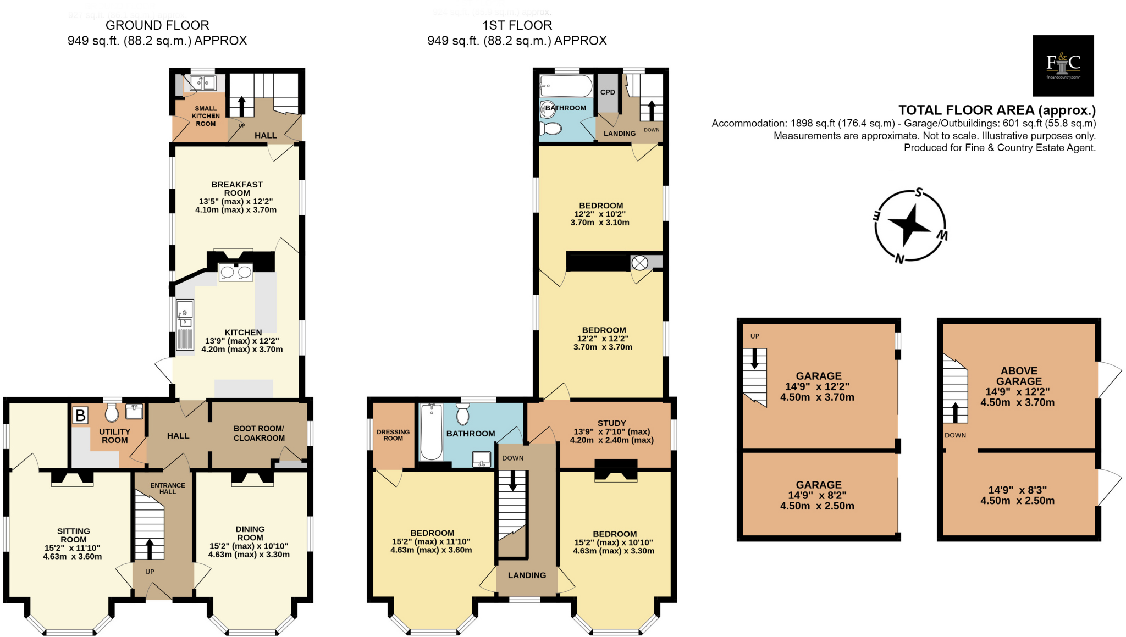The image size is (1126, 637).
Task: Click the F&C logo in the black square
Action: click(1063, 65)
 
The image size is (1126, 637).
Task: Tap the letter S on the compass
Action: click(918, 193)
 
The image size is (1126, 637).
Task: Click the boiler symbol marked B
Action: click(80, 416)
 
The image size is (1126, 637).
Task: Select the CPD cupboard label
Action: click(608, 92)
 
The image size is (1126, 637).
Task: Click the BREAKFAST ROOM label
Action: click(237, 189)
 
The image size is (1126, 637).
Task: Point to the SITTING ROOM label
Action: click(73, 535)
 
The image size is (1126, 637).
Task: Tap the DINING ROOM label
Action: click(250, 533)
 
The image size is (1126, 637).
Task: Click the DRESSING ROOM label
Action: click(393, 435)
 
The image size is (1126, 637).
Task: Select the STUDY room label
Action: click(611, 423)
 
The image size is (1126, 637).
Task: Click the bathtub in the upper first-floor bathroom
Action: click(566, 86)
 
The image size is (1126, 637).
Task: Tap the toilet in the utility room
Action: click(112, 413)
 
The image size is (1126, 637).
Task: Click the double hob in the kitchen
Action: click(236, 272)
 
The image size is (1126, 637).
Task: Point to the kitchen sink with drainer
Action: click(185, 325)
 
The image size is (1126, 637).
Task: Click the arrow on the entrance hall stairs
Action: click(149, 549)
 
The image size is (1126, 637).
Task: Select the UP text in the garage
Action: click(754, 336)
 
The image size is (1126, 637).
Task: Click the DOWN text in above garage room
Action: click(955, 435)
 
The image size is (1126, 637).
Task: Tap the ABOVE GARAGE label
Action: click(1019, 376)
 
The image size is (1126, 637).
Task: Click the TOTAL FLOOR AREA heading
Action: click(996, 110)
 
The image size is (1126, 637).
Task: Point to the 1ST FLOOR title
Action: click(517, 25)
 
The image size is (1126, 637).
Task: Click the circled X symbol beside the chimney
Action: click(639, 263)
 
